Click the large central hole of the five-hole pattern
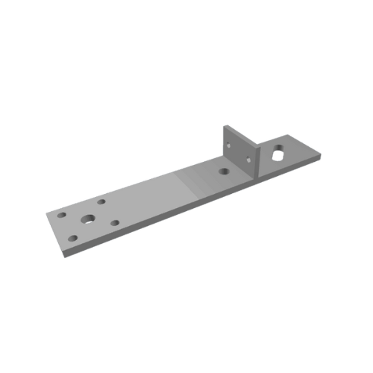(88, 219)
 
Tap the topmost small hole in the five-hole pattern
(101, 201)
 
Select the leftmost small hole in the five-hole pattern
(62, 215)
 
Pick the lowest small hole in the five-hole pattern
(73, 239)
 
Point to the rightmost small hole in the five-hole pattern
(115, 222)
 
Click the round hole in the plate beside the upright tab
(224, 171)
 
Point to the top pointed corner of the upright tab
(223, 125)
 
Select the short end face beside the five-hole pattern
(54, 236)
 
